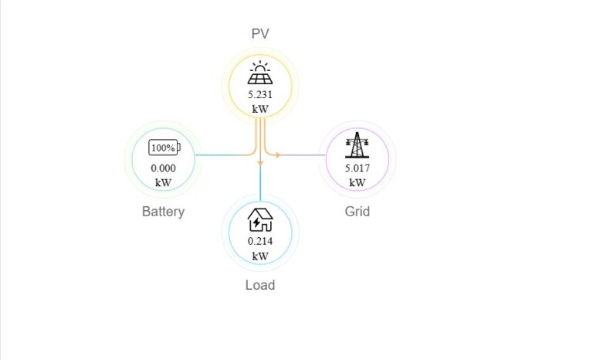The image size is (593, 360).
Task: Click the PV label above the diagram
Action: tap(260, 34)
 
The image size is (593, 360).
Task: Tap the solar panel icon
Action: tap(260, 73)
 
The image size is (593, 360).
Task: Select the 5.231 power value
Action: tap(260, 95)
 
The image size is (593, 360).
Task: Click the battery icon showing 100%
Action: tap(164, 148)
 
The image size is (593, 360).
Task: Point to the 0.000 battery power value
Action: tap(164, 168)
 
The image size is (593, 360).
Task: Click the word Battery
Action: tap(164, 211)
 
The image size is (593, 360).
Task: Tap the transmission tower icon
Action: tap(357, 145)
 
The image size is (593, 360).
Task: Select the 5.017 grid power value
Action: tap(357, 168)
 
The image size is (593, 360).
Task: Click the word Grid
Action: tap(357, 211)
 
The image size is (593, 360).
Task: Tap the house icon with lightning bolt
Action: tap(260, 220)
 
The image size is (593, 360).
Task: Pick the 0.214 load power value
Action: tap(260, 241)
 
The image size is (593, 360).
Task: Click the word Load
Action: tap(260, 284)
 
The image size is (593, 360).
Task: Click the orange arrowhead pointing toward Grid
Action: tap(278, 155)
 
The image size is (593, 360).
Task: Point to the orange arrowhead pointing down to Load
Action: tap(260, 163)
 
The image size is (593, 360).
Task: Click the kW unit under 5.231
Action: tap(260, 110)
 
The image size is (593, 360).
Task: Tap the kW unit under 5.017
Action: tap(357, 183)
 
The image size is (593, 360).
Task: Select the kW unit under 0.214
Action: tap(260, 256)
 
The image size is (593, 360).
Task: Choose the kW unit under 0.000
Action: tap(164, 183)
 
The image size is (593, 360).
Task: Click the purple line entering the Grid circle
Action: tap(303, 155)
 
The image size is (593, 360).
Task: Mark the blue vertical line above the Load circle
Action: tap(260, 183)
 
